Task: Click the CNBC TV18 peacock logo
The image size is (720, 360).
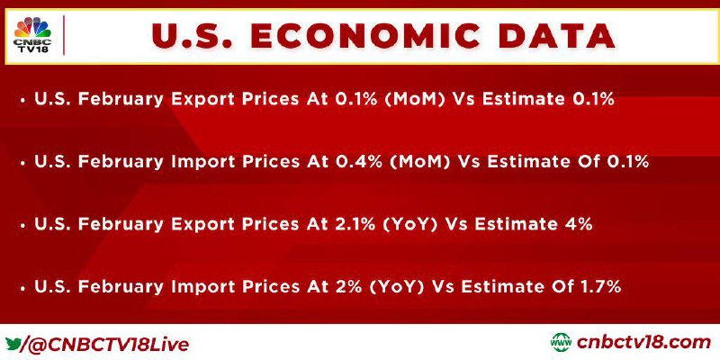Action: pos(32,35)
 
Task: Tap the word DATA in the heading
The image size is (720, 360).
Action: pos(556,36)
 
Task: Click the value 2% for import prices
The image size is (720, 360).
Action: pos(348,286)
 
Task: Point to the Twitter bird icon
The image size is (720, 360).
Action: pos(13,343)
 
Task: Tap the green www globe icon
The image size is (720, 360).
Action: pos(561,342)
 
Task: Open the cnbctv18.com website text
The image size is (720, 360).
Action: pos(643,343)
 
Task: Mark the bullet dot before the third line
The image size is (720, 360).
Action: pos(22,226)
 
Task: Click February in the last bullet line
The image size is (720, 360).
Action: pos(121,287)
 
